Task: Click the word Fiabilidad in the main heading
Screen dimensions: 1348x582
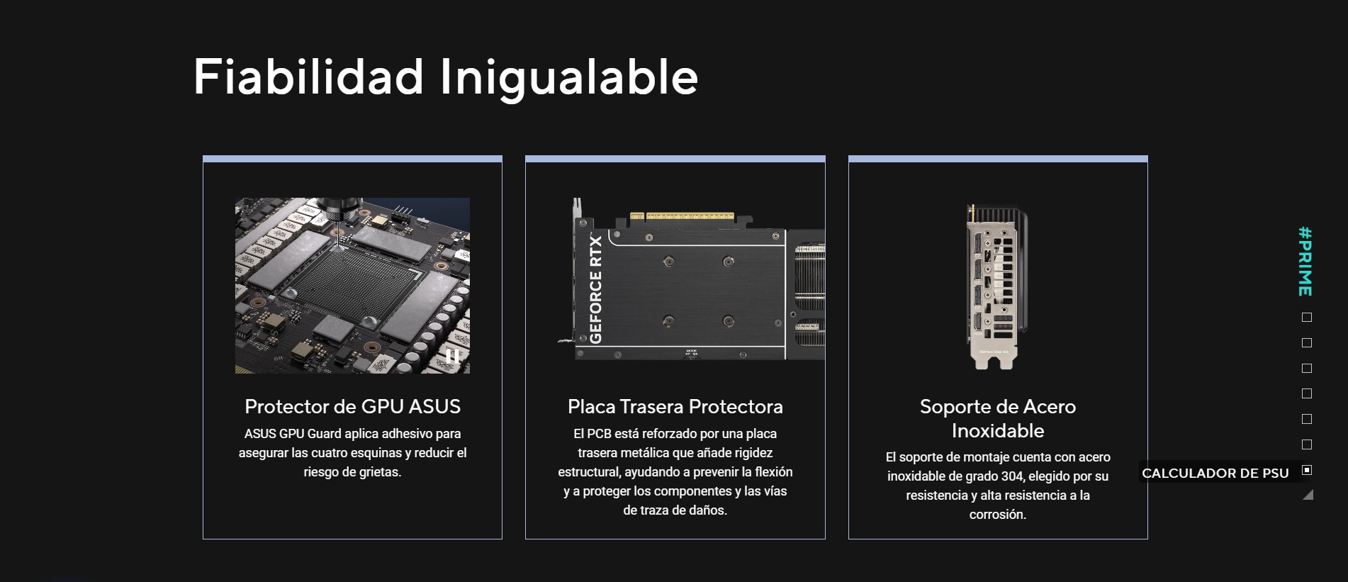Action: point(308,76)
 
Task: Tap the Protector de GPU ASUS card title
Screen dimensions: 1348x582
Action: point(352,406)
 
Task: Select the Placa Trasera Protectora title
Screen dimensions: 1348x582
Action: point(675,406)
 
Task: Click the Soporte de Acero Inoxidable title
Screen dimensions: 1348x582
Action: point(998,418)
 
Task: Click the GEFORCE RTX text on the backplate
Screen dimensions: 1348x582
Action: point(595,289)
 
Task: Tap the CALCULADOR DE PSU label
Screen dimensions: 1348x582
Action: point(1215,473)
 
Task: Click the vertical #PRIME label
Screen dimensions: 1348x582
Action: point(1305,261)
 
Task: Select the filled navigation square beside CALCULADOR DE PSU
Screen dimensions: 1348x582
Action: point(1307,470)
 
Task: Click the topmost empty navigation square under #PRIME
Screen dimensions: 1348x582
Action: point(1307,318)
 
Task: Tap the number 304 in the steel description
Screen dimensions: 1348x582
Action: point(1011,476)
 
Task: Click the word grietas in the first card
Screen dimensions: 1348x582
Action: point(377,472)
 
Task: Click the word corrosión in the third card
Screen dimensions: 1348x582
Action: point(998,515)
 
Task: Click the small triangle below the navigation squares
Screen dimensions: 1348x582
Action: point(1308,495)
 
